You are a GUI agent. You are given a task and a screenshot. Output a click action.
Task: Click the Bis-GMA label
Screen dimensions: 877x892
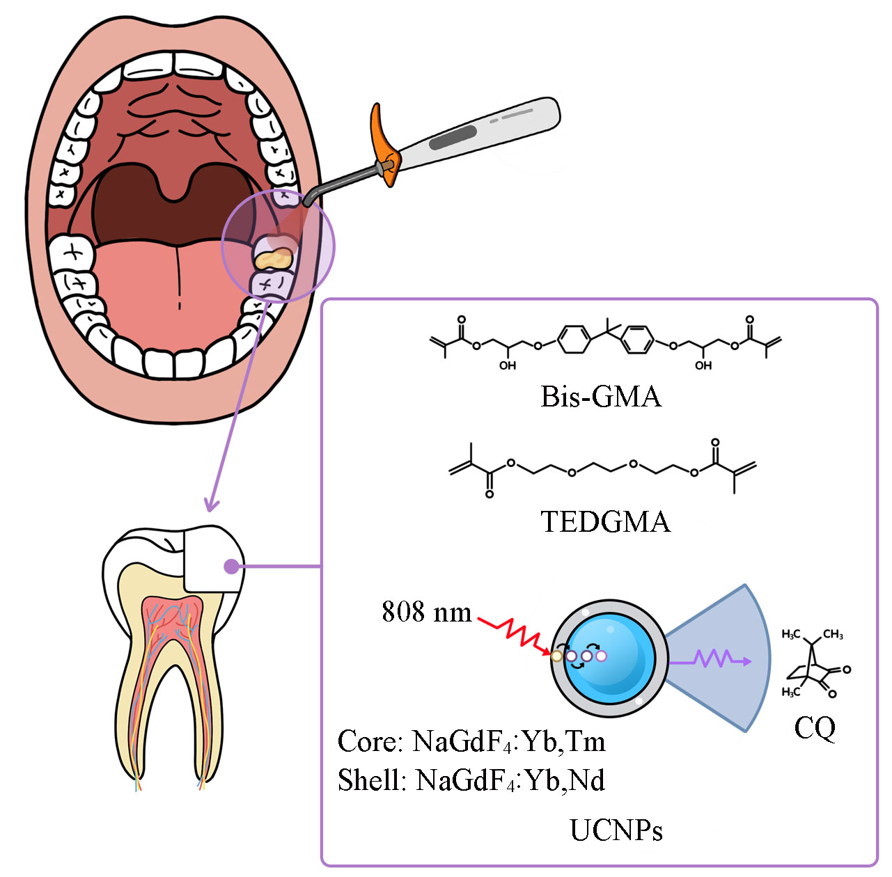[601, 397]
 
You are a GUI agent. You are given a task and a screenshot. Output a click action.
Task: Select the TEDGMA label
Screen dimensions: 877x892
[605, 522]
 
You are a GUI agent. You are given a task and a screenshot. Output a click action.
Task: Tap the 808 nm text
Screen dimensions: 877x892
[426, 613]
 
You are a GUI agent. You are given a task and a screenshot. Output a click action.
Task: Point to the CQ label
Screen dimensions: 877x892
[814, 728]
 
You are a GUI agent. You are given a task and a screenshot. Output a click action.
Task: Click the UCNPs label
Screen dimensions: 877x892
[616, 830]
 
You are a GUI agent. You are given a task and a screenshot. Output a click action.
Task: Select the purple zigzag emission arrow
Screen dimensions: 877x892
[714, 659]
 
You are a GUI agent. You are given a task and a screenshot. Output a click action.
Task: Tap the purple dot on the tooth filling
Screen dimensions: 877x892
[231, 567]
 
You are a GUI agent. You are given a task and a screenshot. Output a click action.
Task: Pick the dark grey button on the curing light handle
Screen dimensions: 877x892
[453, 139]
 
